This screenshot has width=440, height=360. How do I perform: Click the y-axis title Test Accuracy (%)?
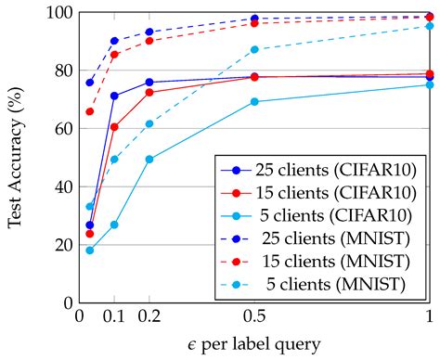(x=17, y=158)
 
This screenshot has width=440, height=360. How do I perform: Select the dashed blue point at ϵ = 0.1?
(x=114, y=41)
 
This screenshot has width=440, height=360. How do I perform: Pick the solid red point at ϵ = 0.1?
(x=114, y=127)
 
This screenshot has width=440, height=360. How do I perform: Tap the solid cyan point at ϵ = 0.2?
(x=149, y=159)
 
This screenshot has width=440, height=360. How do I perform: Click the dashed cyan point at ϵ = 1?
(x=429, y=26)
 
